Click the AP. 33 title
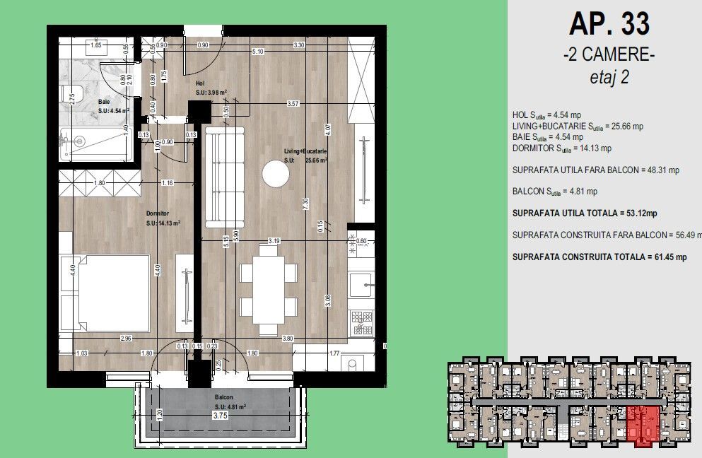[609, 25]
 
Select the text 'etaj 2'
[609, 78]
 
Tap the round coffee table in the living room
[275, 174]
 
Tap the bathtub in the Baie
[95, 145]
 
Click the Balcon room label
[224, 397]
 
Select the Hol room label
[200, 83]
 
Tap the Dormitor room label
[156, 213]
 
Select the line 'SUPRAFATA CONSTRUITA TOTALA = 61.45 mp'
[599, 257]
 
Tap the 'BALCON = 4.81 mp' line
[555, 191]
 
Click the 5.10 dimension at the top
[258, 52]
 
